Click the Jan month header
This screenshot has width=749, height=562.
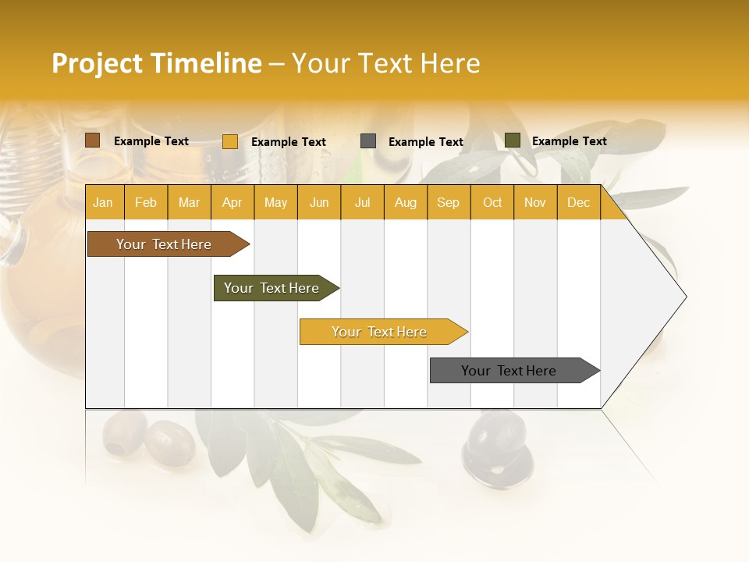tap(104, 203)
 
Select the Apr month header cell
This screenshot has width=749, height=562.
tap(233, 203)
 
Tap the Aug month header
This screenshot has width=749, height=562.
tap(406, 203)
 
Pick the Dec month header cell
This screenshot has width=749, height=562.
tap(578, 203)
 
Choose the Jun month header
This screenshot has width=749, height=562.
tap(319, 203)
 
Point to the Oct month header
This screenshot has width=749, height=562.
tap(492, 203)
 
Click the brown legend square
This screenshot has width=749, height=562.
tap(93, 140)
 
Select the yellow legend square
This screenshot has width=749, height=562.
tap(230, 141)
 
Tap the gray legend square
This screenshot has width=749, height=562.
tap(368, 141)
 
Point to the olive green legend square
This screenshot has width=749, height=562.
tap(513, 140)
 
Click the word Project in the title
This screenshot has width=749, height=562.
tap(97, 63)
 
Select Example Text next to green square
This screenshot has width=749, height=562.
tap(569, 141)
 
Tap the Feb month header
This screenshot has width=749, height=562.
tap(146, 203)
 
